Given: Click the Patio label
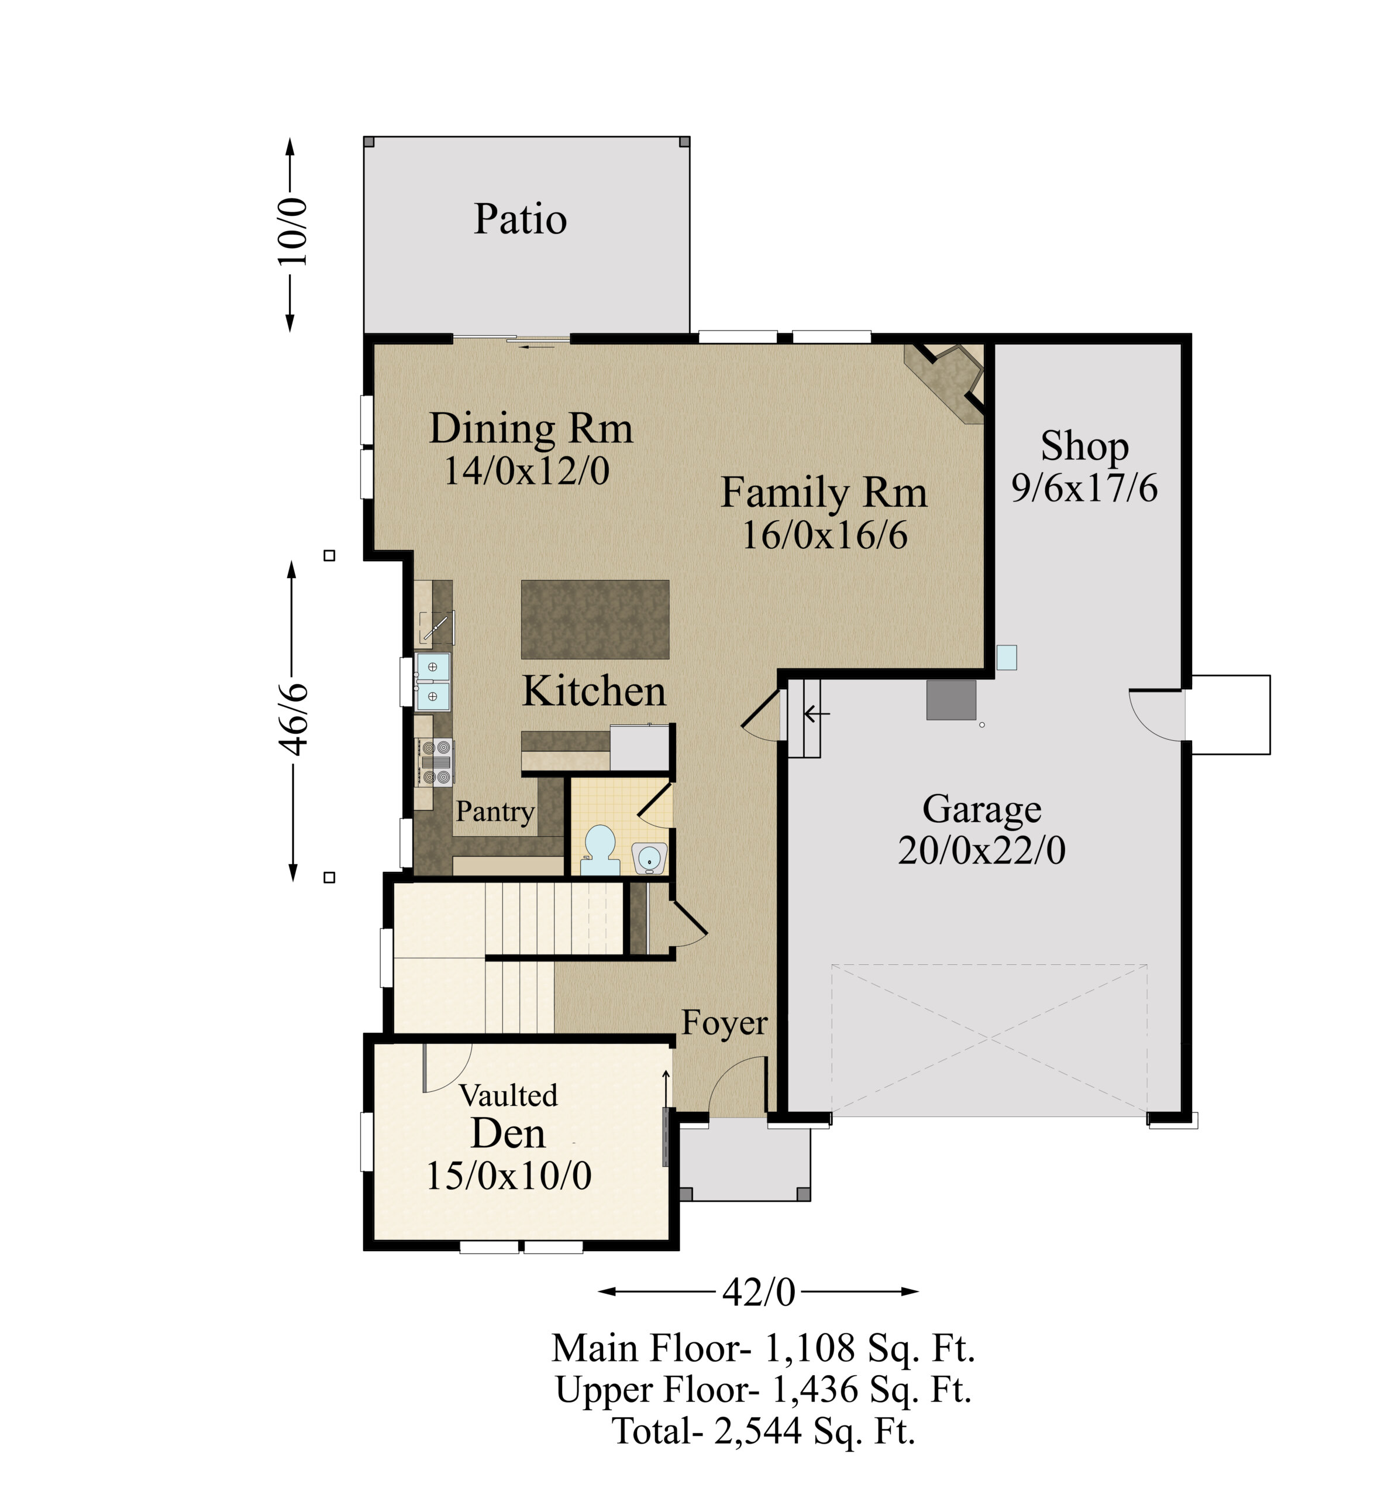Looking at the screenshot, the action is point(520,219).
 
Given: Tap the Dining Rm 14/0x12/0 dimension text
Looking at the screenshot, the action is point(526,471).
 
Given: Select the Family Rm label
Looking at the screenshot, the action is point(824,493).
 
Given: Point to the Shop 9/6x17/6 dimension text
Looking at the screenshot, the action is point(1084,488).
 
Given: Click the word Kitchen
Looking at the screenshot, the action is point(594,691).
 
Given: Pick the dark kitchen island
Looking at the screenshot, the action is point(595,620).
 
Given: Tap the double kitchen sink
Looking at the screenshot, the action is point(433,682).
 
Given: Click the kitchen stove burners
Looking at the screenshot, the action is point(436,762).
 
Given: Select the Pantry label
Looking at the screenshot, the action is point(495,812).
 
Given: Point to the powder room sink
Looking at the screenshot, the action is point(649,857).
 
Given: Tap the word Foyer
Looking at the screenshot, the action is point(725,1022).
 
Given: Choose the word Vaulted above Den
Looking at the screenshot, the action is point(508,1095).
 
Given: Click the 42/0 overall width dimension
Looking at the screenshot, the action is point(759,1292).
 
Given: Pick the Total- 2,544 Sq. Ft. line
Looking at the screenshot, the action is point(764,1430).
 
